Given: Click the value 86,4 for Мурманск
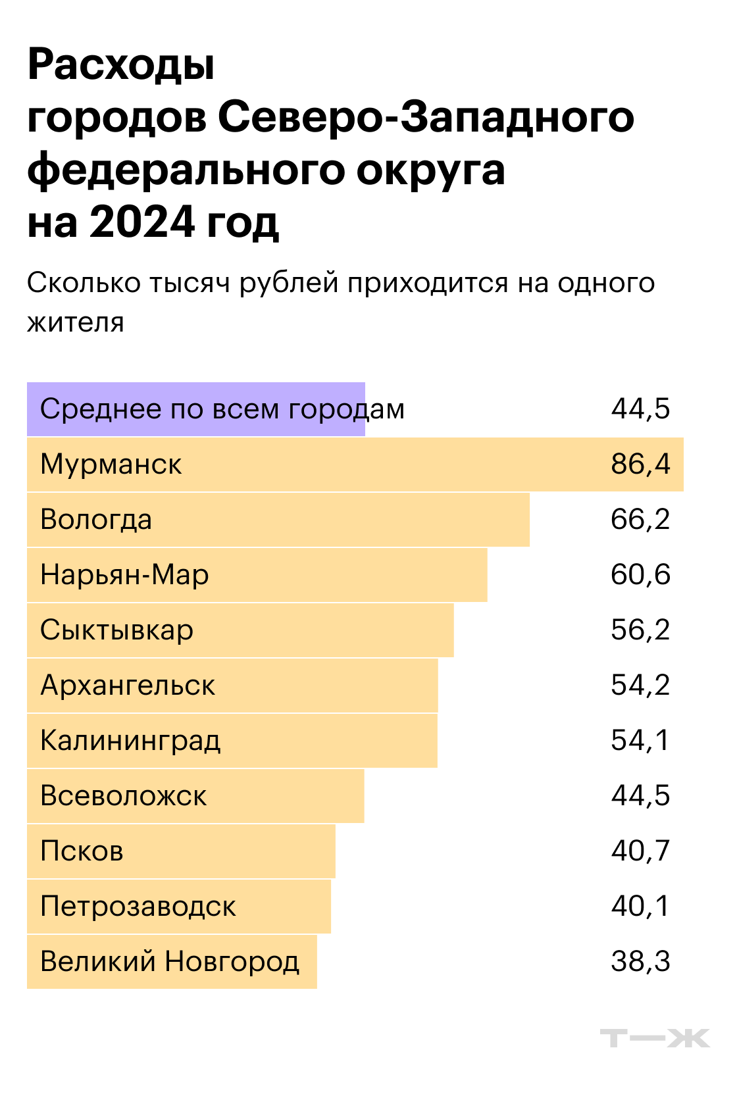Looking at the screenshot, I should click(x=640, y=464).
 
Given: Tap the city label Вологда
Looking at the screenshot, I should click(x=96, y=520).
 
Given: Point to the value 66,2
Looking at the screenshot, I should click(x=640, y=520).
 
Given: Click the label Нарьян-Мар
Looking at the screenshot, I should click(x=124, y=575).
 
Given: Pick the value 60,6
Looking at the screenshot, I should click(x=640, y=575).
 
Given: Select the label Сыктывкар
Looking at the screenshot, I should click(x=116, y=630).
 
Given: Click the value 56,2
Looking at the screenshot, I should click(x=640, y=630).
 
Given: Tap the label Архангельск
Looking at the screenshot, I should click(x=128, y=686).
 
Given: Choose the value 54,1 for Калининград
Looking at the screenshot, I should click(x=640, y=741).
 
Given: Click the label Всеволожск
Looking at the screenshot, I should click(x=123, y=796).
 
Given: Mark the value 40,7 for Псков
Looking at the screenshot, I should click(x=640, y=851).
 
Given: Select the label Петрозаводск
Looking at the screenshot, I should click(x=138, y=907).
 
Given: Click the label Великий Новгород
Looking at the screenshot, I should click(x=170, y=962).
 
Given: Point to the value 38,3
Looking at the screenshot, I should click(x=640, y=962).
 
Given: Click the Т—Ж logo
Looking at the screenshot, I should click(x=654, y=1038).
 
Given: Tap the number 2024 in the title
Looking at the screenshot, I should click(x=143, y=222).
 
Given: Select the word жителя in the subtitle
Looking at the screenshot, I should click(x=76, y=322).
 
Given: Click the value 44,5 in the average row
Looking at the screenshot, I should click(x=640, y=409).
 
